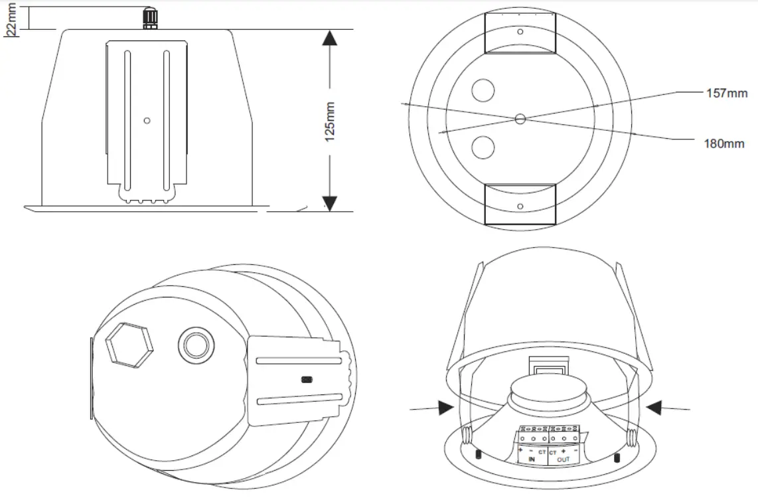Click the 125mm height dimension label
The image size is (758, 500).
click(x=330, y=120)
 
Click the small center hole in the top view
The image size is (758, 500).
click(x=520, y=119)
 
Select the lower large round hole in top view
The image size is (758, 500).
click(x=483, y=147)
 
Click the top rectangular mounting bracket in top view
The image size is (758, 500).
click(x=520, y=33)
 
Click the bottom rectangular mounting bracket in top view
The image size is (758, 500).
click(x=520, y=205)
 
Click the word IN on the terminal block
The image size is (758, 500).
click(x=532, y=459)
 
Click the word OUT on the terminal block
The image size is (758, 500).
click(x=563, y=459)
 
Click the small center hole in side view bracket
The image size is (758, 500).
click(x=147, y=121)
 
